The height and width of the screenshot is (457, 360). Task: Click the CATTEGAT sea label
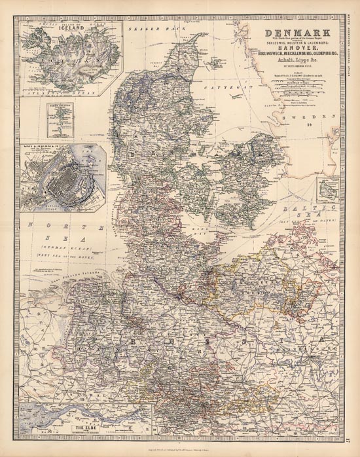[x=224, y=86]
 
